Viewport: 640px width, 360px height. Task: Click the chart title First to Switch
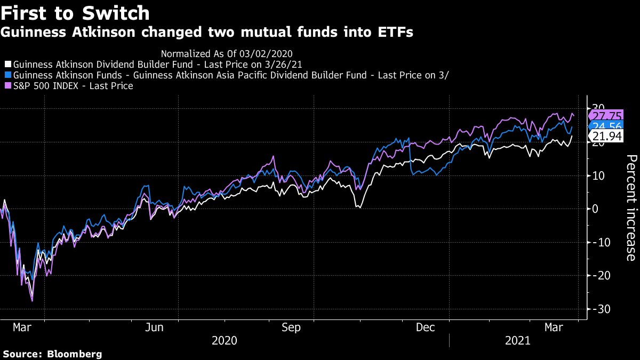(x=75, y=12)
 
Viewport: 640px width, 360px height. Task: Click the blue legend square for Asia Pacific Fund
(x=7, y=75)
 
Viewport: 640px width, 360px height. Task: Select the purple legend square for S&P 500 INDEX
(x=7, y=86)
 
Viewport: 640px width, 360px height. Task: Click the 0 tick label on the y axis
(x=595, y=209)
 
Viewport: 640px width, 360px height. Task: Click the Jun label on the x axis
(x=154, y=327)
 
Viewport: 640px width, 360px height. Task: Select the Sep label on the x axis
(x=291, y=327)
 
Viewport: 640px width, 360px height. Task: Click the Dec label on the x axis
(x=426, y=327)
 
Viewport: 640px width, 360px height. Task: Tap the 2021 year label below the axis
(x=517, y=340)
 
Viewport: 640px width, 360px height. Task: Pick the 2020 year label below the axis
(x=225, y=340)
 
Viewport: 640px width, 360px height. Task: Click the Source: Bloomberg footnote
(x=52, y=354)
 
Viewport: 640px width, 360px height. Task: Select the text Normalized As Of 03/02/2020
(x=226, y=53)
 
